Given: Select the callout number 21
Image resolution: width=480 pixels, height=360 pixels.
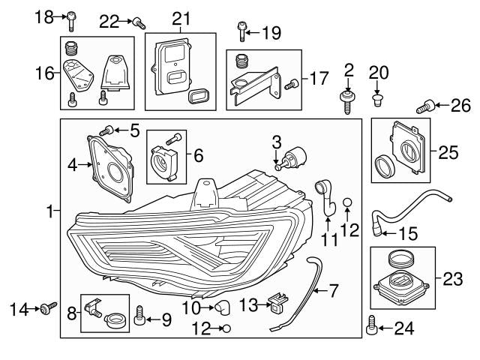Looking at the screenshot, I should click(181, 18).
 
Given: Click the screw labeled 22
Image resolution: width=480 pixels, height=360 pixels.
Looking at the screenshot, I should click(139, 22).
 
